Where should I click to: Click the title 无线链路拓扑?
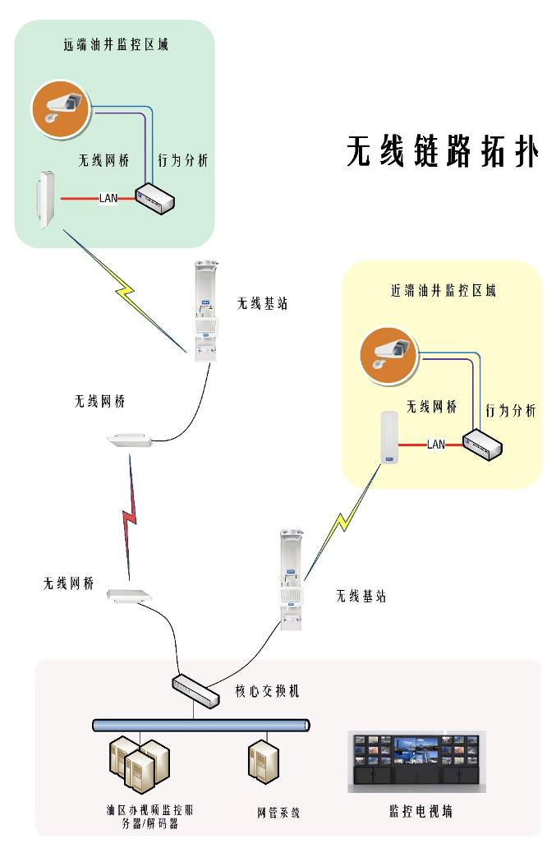[442, 153]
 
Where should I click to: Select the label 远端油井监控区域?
[116, 45]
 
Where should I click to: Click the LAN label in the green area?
[108, 198]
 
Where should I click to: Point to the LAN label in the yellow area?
[436, 445]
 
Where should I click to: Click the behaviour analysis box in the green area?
[154, 197]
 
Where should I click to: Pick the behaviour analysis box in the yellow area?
[482, 445]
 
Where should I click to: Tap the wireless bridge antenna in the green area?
[44, 200]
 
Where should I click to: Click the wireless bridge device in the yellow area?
[388, 438]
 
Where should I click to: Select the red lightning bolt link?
[130, 518]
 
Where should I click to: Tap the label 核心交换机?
[268, 691]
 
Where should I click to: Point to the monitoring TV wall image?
[416, 761]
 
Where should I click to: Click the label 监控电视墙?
[421, 812]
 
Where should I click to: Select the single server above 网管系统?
[262, 761]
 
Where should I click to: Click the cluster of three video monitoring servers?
[139, 763]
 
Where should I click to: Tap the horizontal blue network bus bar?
[201, 726]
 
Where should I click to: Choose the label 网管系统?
[278, 813]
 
